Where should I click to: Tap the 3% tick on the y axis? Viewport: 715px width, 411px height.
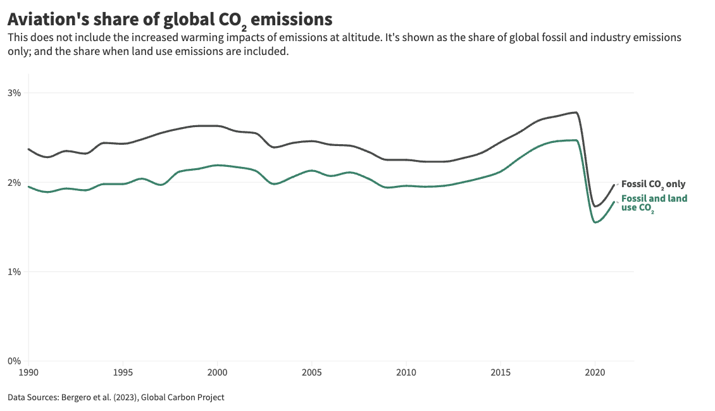[14, 93]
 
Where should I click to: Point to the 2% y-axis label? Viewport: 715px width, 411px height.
[14, 183]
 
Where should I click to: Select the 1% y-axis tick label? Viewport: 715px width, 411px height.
[14, 272]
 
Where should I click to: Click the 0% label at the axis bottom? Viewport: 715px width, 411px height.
[14, 362]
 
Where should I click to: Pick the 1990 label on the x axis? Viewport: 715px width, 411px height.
[28, 372]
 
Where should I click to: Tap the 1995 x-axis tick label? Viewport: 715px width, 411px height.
[123, 372]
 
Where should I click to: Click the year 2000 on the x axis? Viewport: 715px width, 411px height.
[217, 372]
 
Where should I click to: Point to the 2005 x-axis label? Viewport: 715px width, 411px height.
[311, 372]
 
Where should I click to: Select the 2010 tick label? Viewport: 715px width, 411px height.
[406, 372]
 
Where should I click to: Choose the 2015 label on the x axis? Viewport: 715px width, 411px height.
[500, 372]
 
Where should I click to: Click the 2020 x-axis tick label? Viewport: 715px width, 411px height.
[594, 372]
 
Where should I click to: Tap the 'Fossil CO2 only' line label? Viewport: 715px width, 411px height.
[653, 184]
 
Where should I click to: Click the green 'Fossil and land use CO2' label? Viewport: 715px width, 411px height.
[654, 203]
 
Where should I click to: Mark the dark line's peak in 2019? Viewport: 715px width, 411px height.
[575, 113]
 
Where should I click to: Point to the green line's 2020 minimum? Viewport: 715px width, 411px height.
[595, 223]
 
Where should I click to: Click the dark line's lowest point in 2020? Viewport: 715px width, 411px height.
[595, 206]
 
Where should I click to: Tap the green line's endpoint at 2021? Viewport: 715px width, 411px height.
[613, 202]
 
